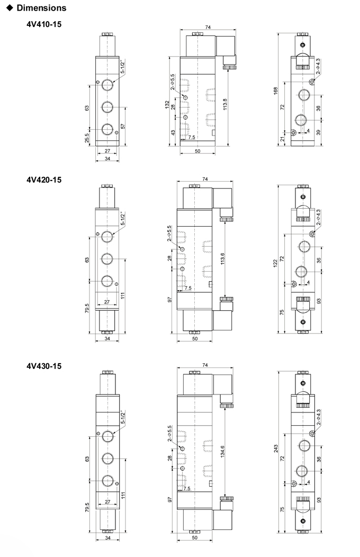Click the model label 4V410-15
point(43,24)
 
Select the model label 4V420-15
point(43,179)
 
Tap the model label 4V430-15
point(43,366)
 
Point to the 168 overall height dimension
point(275,91)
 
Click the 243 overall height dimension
point(276,448)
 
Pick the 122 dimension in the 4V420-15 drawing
point(275,264)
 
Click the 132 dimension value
point(167,104)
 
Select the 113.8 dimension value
point(224,104)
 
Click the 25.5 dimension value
point(87,138)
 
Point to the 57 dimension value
point(123,126)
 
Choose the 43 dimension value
point(173,132)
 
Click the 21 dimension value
point(283,139)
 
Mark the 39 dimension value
point(318,132)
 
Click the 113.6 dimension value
point(222,259)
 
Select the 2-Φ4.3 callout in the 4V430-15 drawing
point(318,417)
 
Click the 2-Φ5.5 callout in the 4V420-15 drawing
point(169,233)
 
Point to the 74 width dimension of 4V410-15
point(208,28)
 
